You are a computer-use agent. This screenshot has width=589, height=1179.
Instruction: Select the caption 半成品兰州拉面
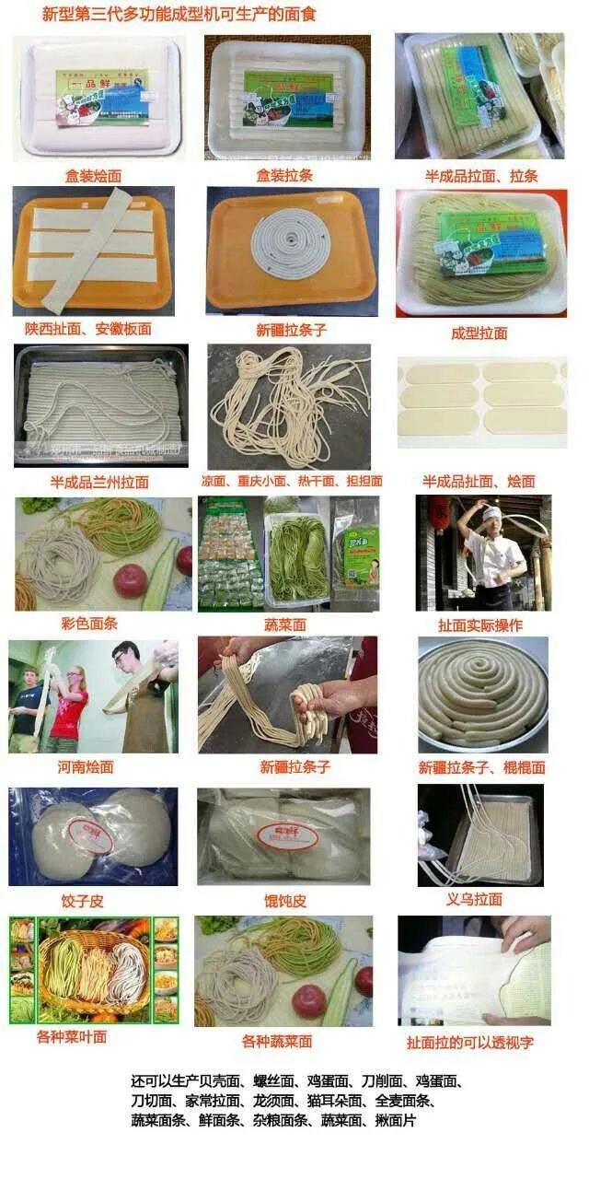(99, 482)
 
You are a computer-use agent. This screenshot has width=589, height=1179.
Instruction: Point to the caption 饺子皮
(83, 901)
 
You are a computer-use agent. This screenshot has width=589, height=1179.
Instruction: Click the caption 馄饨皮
(284, 901)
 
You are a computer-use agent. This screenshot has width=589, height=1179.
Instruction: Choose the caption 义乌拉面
(474, 899)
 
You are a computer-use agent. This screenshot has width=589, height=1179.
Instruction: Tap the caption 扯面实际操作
(480, 625)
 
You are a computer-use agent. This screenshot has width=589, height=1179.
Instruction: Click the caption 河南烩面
(84, 766)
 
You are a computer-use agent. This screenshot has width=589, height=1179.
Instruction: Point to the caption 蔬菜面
(284, 625)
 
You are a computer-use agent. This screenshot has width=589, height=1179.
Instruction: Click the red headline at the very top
(180, 15)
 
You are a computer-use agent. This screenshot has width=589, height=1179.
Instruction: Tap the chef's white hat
(491, 513)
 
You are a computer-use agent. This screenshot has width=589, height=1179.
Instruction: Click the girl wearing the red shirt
(69, 705)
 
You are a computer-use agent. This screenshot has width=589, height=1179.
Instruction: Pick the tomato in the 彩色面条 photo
(131, 580)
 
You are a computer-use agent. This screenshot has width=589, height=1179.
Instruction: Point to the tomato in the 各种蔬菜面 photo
(308, 1000)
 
